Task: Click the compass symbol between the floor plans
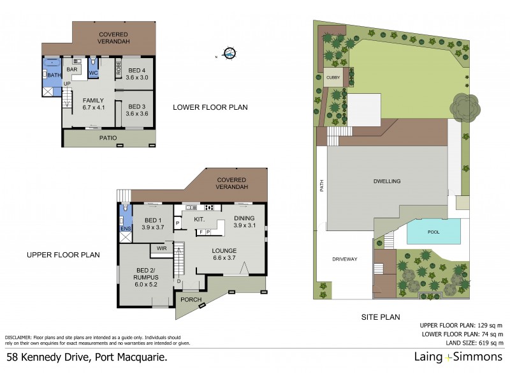pos(230,54)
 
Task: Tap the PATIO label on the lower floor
pos(108,137)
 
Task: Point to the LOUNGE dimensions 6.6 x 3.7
pos(225,258)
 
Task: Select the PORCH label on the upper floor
pos(191,299)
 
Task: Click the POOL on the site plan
pos(433,232)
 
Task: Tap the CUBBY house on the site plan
pos(333,77)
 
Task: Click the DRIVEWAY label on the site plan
pos(344,259)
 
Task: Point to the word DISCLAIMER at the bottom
pos(18,336)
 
